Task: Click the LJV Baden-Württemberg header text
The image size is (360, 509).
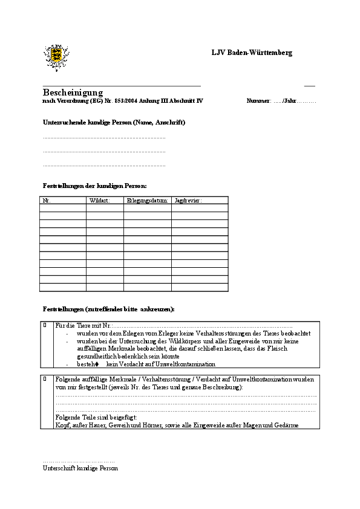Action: (252, 53)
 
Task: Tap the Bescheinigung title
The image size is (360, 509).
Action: (73, 92)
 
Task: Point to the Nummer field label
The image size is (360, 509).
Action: (258, 101)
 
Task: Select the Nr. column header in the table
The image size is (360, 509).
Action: (46, 200)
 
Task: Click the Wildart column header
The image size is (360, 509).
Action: (99, 200)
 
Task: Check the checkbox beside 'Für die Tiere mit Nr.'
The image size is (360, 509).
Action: (45, 325)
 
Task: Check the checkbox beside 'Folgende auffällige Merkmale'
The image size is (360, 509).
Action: (45, 378)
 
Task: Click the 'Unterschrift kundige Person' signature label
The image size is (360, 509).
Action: (80, 468)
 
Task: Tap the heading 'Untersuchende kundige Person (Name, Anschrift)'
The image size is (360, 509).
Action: (114, 123)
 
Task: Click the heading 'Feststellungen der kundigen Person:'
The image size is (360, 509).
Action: (95, 186)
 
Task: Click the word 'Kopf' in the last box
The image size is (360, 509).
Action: (62, 426)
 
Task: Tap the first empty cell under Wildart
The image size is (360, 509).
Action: (105, 207)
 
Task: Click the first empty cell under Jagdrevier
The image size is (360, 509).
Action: (200, 207)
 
